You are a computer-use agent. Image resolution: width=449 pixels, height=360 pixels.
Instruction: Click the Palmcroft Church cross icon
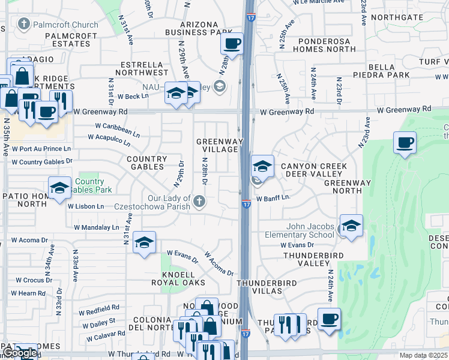pos(24,25)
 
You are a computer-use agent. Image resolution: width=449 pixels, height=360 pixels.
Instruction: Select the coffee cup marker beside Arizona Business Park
pos(232,43)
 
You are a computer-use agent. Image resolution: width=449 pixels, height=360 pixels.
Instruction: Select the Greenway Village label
pos(220,145)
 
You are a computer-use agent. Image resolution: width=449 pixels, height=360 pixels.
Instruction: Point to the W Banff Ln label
pos(273,197)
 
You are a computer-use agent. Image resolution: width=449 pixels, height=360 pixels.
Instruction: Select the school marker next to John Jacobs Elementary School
pos(351,226)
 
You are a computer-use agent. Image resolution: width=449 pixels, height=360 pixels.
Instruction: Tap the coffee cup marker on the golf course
pos(405,143)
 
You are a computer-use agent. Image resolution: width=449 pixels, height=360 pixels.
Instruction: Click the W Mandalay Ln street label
pos(96,227)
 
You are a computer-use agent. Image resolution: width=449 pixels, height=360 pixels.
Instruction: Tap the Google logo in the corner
pos(19,353)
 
